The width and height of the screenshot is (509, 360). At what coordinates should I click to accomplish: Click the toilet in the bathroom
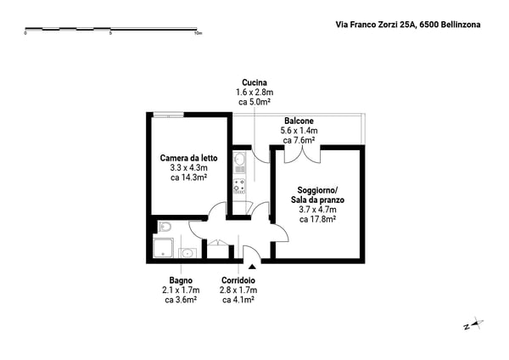point(165,227)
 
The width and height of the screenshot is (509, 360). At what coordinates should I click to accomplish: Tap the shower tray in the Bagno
point(163,248)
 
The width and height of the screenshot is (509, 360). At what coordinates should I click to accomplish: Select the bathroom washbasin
point(187,253)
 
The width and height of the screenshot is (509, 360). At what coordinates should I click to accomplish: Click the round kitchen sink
point(239,160)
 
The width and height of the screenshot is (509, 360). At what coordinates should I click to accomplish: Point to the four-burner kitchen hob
point(239,186)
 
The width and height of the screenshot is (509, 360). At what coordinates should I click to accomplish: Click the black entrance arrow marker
point(252,267)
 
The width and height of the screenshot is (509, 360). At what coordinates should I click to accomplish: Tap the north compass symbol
point(473,324)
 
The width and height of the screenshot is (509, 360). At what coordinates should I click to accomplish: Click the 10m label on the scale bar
point(198,33)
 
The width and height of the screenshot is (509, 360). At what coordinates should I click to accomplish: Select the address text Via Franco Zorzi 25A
point(376,25)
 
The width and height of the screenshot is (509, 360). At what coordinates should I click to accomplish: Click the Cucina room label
point(255,82)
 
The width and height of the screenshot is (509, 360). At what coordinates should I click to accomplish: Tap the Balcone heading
point(299,121)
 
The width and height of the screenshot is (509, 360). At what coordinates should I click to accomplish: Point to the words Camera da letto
point(188,158)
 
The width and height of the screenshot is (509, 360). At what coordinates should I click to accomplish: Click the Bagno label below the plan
point(181,280)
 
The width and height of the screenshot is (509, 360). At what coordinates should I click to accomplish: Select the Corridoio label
point(238,280)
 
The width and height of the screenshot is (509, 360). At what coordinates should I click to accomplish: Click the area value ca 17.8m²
point(317,219)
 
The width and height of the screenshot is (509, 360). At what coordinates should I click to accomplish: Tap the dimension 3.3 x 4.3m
point(188,168)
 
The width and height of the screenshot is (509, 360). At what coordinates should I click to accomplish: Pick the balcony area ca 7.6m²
point(299,140)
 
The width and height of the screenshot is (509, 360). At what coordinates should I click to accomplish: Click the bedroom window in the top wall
point(169,115)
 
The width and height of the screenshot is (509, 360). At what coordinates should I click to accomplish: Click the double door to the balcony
point(303,155)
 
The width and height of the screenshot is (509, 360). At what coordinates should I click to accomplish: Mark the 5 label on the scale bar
point(110,33)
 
